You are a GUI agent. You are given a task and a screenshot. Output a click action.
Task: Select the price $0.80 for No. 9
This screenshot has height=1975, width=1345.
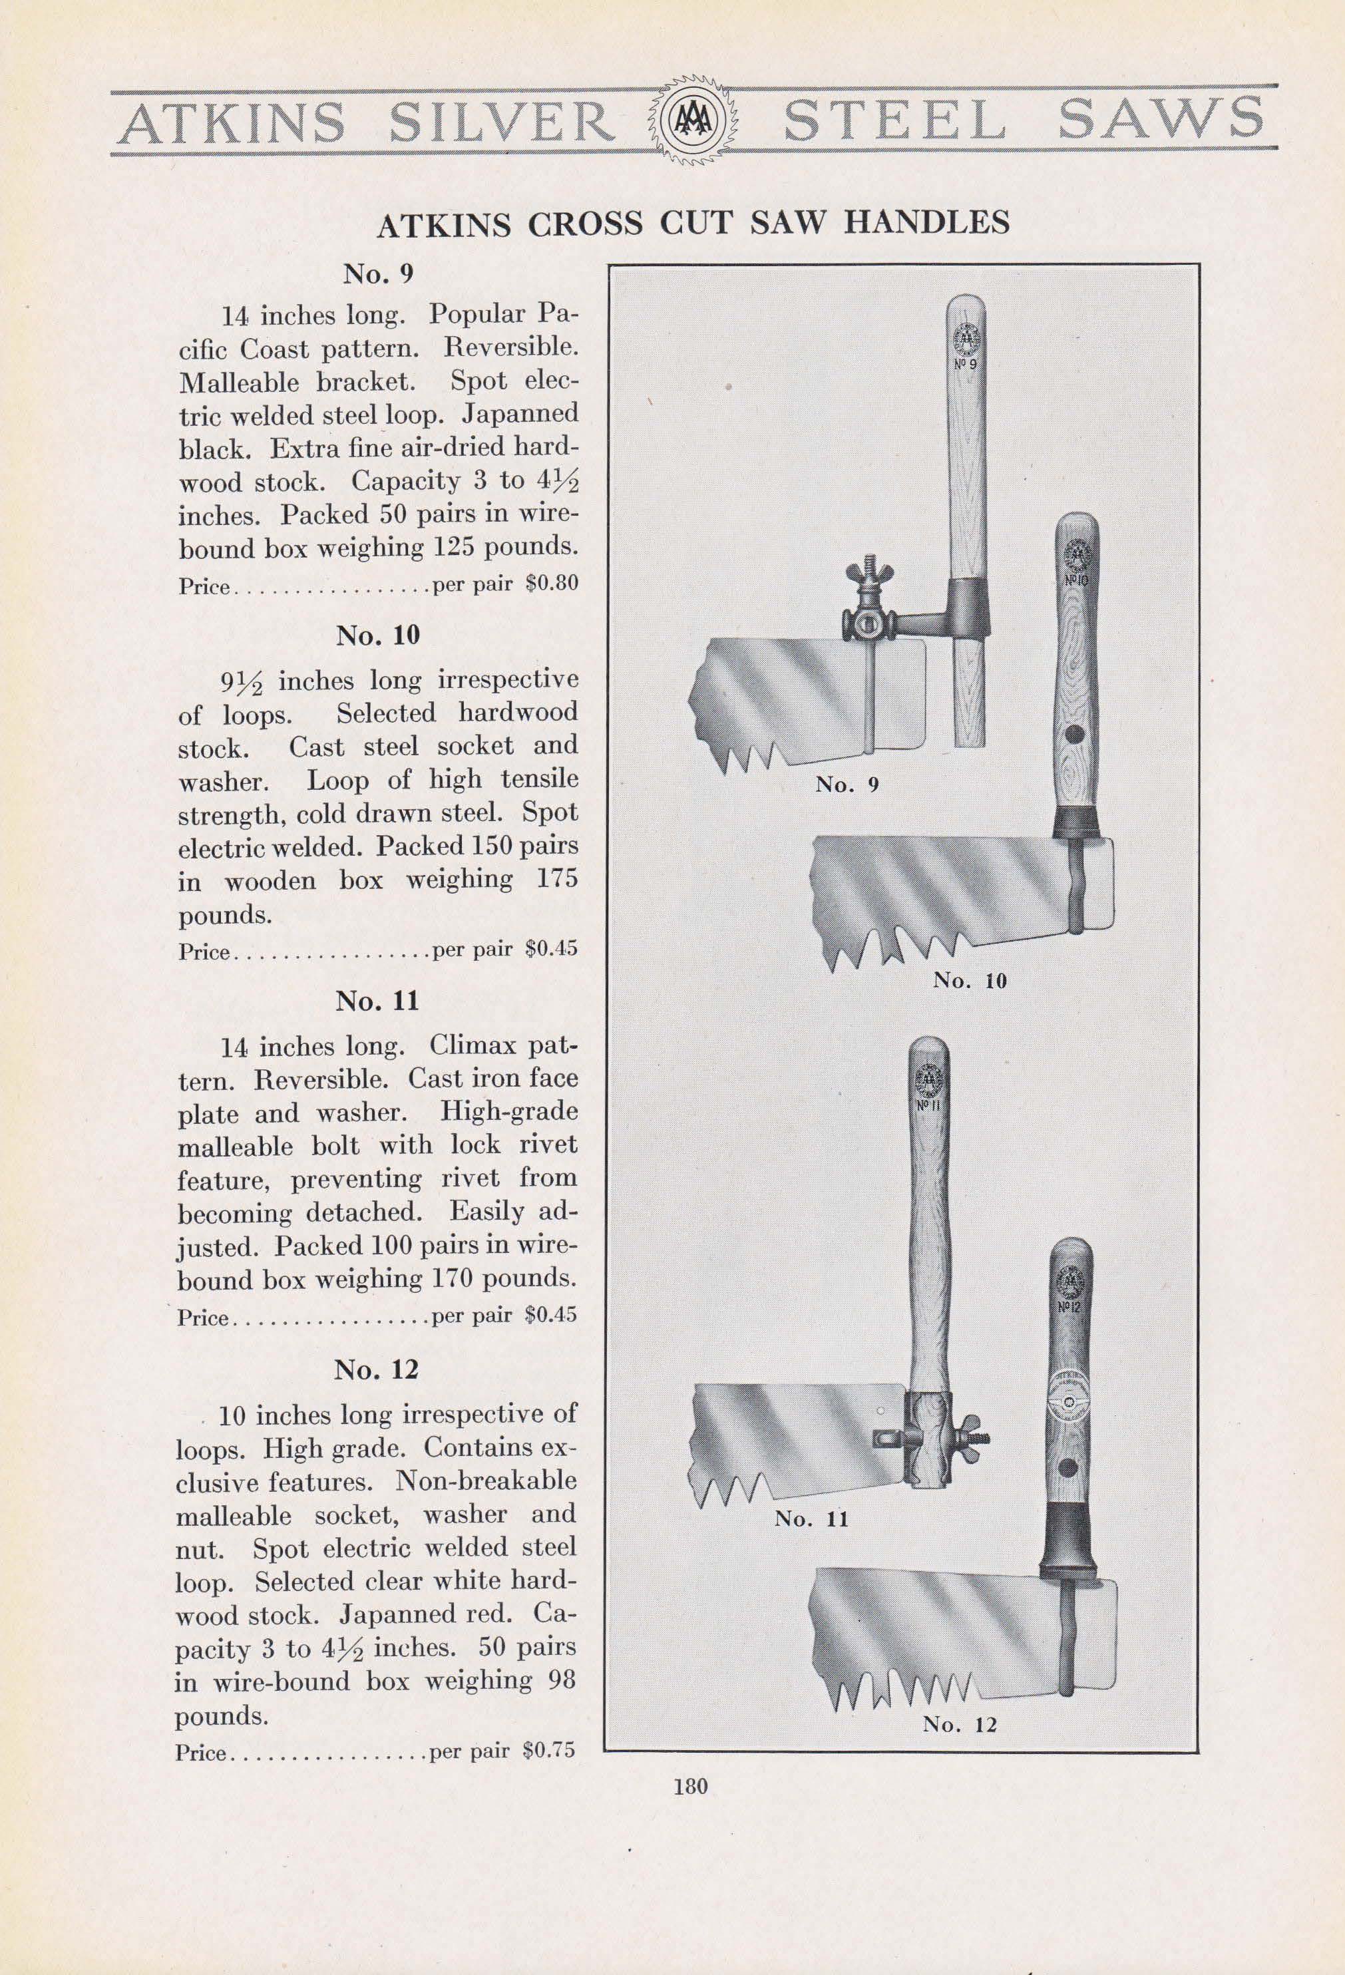tap(552, 586)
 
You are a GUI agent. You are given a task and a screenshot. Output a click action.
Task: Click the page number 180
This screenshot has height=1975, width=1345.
tap(689, 1786)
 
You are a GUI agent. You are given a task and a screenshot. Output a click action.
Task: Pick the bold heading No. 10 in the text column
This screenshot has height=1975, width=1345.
tap(377, 635)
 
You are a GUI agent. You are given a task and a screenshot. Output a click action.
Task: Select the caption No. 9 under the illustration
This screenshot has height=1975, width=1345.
tap(847, 785)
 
